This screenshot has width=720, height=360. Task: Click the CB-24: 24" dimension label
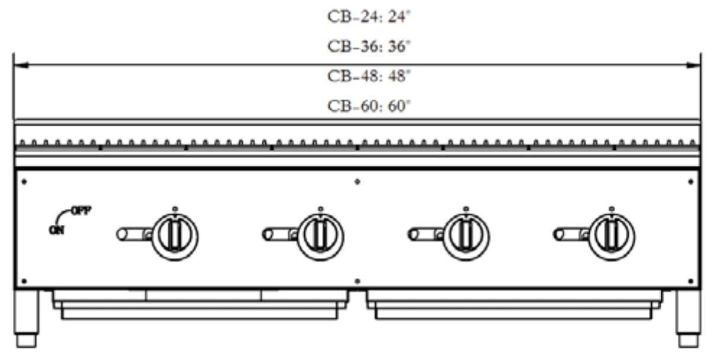pos(369,17)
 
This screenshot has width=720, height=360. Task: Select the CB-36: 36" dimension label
pos(369,46)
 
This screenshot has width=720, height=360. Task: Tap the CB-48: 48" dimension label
pos(369,76)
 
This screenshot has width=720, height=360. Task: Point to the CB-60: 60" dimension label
pos(369,106)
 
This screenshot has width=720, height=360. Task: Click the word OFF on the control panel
pos(81,211)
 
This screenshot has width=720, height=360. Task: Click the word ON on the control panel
pos(57,230)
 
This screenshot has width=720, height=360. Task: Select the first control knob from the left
pos(175,237)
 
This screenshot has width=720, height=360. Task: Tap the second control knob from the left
pos(320,237)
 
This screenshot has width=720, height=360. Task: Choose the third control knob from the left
pos(466,237)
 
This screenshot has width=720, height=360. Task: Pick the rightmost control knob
pos(612,237)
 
